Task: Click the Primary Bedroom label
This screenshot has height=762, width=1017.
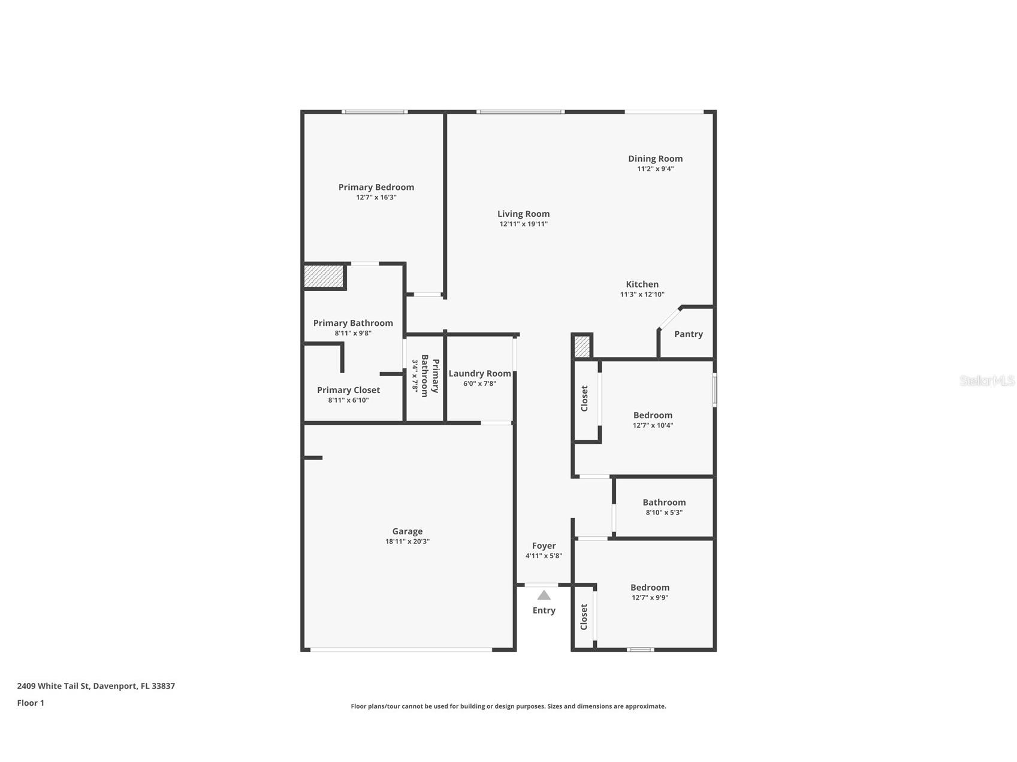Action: (376, 187)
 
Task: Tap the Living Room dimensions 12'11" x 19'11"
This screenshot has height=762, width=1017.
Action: (523, 224)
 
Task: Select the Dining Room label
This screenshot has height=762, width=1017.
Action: (655, 159)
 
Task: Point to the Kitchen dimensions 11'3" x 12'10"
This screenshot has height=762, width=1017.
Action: (642, 294)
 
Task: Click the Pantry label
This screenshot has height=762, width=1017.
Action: (688, 334)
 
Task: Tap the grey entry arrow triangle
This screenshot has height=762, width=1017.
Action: (544, 595)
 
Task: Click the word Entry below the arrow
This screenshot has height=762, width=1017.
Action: (544, 610)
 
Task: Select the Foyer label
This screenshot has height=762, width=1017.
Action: (544, 546)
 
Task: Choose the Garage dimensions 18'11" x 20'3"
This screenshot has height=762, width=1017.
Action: (407, 542)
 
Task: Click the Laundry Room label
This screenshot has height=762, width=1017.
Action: (479, 373)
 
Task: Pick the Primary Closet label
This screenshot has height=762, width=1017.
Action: (348, 390)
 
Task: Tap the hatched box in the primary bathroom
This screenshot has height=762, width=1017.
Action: (324, 276)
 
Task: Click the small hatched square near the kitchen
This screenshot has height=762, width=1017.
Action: (582, 346)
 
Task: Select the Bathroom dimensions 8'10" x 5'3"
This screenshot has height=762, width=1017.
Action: (663, 513)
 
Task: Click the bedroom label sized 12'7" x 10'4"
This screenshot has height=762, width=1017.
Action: (653, 415)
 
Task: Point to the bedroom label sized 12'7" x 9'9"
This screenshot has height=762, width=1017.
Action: (650, 588)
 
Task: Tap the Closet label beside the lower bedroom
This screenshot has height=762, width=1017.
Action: (584, 617)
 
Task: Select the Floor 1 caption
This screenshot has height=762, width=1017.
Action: (31, 703)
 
